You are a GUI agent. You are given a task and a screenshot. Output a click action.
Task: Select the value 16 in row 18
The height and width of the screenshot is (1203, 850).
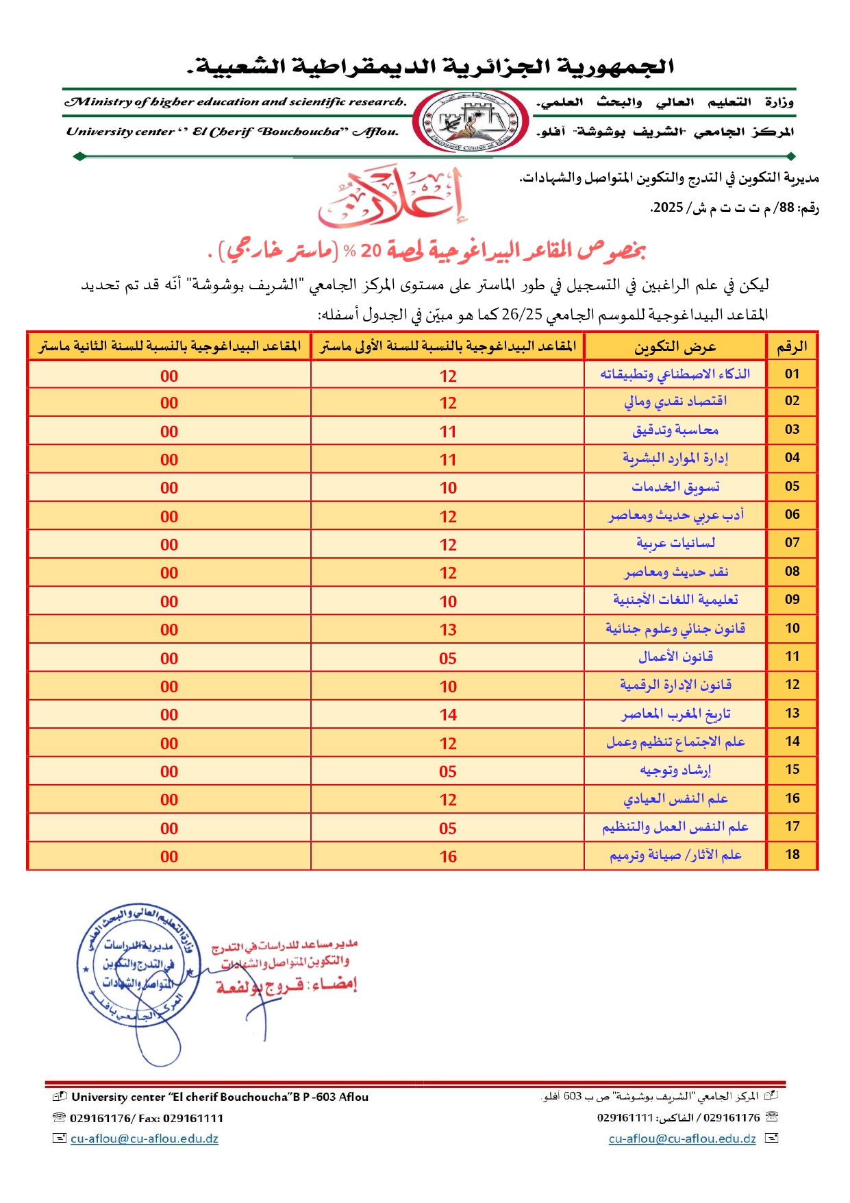tap(448, 856)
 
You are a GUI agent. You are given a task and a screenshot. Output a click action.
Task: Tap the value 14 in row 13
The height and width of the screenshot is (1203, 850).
tap(448, 715)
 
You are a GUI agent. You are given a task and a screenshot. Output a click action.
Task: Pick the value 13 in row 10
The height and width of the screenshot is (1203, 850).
tap(448, 630)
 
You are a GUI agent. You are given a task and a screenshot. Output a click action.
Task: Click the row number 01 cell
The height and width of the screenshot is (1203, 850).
tap(792, 374)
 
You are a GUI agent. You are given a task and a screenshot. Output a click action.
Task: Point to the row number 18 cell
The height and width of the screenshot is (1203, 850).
tap(792, 855)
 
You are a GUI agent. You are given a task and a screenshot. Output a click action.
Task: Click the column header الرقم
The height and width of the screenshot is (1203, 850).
tap(792, 347)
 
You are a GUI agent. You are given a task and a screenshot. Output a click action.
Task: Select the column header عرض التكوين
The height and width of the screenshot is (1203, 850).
tap(675, 347)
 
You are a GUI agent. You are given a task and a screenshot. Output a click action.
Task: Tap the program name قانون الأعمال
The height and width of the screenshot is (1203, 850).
tap(675, 657)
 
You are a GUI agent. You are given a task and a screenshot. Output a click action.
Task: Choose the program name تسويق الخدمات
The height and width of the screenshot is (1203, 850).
tap(675, 487)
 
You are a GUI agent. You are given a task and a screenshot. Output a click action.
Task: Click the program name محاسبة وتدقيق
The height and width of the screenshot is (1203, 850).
tap(675, 430)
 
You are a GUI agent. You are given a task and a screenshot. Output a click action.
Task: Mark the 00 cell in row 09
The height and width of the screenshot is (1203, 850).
tap(169, 602)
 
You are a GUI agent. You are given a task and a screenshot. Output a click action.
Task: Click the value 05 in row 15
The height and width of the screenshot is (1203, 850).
tap(448, 772)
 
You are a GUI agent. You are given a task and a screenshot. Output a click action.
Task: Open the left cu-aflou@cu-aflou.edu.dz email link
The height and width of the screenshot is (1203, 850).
tap(145, 1139)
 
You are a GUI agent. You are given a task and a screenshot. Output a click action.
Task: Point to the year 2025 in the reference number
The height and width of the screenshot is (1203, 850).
tap(668, 208)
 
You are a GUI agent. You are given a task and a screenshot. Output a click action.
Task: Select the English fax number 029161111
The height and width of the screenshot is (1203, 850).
tap(193, 1118)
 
